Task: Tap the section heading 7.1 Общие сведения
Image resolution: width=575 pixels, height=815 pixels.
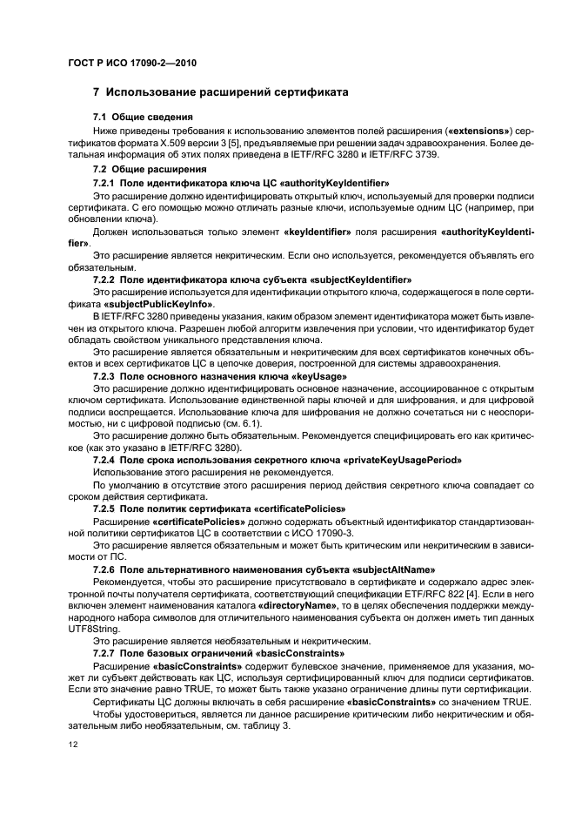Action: coord(142,117)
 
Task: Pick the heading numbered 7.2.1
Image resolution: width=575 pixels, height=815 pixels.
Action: coord(240,183)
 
